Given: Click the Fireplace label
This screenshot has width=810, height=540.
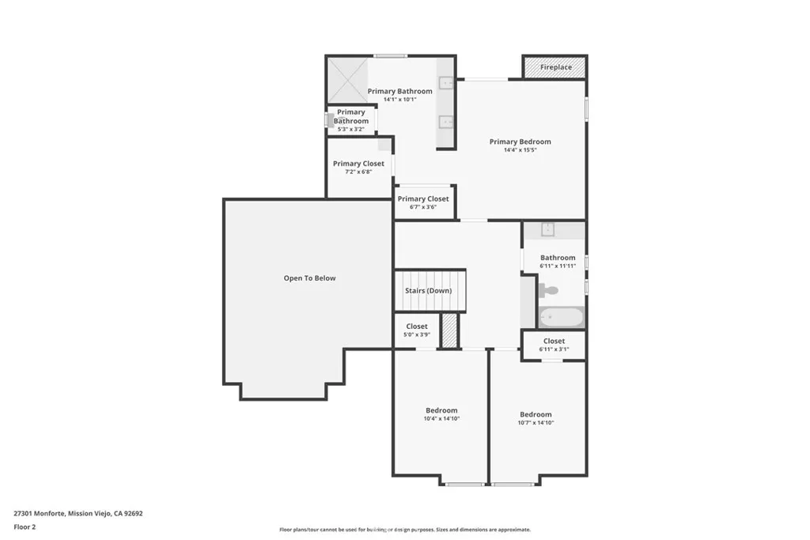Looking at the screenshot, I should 555,68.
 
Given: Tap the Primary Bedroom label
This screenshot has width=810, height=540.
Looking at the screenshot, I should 520,142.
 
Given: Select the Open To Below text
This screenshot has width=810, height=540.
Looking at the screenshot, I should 309,278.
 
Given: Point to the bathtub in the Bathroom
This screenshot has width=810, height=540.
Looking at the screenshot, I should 561,318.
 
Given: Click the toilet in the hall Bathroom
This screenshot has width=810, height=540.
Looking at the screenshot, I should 548,290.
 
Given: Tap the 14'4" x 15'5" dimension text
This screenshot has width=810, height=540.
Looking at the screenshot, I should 520,150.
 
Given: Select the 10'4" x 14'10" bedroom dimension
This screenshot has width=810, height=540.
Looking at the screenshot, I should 441,418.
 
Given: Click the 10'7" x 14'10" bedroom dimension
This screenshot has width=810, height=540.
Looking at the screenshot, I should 536,423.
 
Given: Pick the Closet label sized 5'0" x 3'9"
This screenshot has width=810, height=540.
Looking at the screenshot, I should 417,327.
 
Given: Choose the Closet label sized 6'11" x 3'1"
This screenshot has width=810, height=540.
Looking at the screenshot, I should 554,342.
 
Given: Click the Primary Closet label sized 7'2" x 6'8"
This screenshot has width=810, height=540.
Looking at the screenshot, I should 358,164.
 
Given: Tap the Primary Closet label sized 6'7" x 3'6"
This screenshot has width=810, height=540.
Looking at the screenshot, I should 423,199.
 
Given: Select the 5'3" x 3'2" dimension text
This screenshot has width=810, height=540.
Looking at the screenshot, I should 350,129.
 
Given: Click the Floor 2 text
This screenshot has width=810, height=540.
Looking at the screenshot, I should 25,526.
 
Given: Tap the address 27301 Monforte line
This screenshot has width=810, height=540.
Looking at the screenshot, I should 78,513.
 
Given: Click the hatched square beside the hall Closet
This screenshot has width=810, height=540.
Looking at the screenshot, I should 449,330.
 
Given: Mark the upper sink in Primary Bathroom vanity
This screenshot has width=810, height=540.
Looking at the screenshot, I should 446,81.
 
